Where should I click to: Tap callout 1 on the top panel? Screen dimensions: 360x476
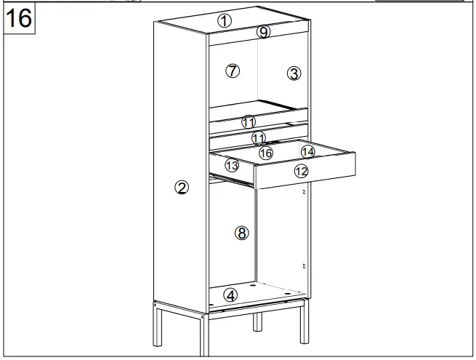225,21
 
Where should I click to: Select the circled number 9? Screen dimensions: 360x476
264,32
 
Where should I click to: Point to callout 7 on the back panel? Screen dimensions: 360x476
233,71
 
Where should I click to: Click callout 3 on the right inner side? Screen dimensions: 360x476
293,73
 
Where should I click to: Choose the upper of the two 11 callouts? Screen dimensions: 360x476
249,121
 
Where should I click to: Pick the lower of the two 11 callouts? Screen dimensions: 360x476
259,137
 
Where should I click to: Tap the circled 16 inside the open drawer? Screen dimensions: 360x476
266,153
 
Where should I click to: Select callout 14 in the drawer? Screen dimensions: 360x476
308,151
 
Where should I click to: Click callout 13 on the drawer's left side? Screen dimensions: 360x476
232,166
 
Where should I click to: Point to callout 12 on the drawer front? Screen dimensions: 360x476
301,171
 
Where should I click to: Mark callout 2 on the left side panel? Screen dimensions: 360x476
182,188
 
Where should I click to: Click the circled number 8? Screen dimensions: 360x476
242,233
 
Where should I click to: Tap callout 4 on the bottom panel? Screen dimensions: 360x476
230,295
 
